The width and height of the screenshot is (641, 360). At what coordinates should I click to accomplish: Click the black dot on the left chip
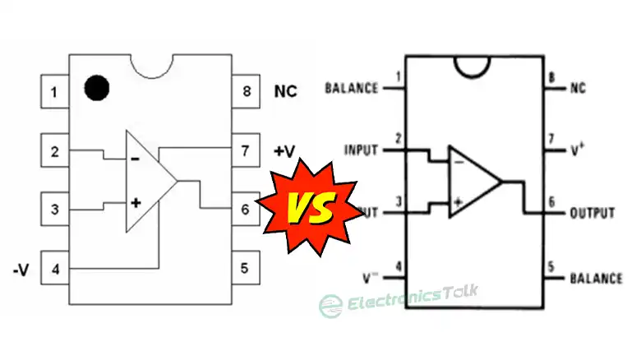98,86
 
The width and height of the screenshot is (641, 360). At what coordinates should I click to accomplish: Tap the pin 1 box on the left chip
54,91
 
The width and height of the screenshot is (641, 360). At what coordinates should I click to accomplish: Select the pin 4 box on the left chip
54,269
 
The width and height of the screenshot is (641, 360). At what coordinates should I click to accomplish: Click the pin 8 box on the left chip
245,91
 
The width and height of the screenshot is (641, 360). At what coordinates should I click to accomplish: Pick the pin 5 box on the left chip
245,267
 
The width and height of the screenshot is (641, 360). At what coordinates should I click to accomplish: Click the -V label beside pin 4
23,269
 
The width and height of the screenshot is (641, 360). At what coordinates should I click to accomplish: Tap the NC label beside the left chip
285,91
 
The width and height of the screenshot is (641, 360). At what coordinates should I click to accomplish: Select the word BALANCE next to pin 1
352,87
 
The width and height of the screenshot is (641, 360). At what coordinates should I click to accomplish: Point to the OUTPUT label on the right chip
592,213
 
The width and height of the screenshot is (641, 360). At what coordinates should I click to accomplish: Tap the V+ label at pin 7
579,150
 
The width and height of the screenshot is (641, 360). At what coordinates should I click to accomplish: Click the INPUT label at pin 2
362,150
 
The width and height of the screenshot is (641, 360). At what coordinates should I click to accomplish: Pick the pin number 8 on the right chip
551,78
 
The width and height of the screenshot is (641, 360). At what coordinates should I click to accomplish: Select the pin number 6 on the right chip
551,202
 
